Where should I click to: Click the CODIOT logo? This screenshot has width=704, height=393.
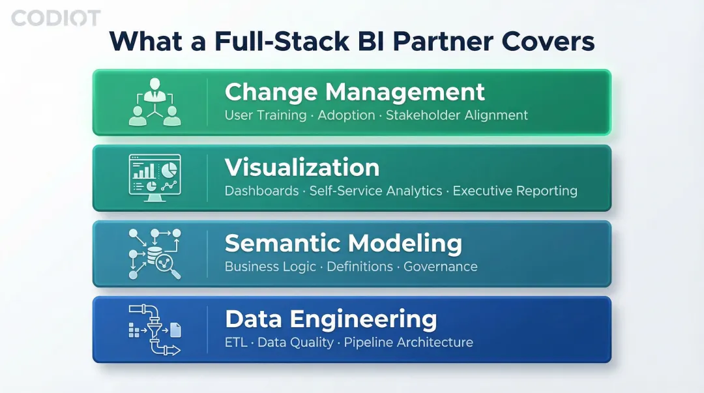[x=56, y=18]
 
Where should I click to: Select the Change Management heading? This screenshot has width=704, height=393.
[x=355, y=92]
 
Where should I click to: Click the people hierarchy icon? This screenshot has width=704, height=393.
[x=154, y=102]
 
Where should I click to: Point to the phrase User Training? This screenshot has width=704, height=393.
[x=265, y=115]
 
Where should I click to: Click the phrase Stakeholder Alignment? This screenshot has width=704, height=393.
[x=456, y=115]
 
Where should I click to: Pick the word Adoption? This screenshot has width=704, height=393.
[x=346, y=115]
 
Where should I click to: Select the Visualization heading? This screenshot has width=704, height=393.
[x=302, y=167]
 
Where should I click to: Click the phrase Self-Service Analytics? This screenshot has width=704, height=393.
[x=375, y=191]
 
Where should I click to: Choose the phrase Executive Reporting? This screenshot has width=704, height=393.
[x=515, y=191]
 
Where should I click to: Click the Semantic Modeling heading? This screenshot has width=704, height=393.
[x=343, y=243]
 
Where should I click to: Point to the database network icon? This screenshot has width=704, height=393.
[x=154, y=254]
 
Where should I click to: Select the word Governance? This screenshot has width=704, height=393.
[x=441, y=267]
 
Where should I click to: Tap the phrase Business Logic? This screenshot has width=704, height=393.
[x=270, y=267]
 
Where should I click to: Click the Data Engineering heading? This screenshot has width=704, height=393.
[x=330, y=319]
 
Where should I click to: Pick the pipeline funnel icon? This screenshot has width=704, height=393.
[x=154, y=330]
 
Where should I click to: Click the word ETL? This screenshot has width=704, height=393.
[x=236, y=342]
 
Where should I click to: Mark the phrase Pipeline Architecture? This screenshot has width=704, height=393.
[x=409, y=342]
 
